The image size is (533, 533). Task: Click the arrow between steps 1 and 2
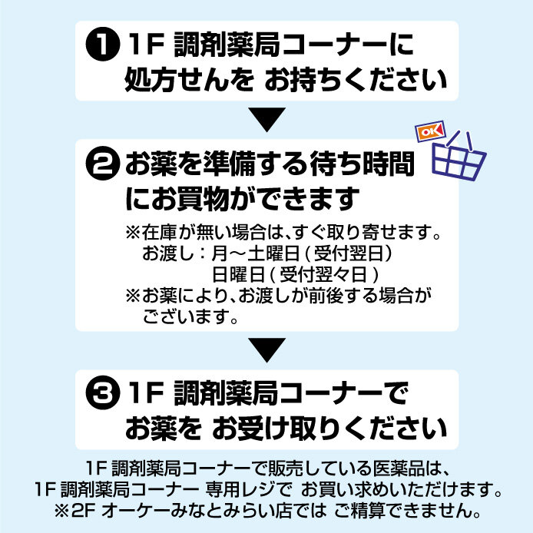pyautogui.click(x=266, y=119)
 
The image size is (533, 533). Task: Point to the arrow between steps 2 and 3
pyautogui.click(x=266, y=350)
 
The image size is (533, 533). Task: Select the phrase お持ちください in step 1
pyautogui.click(x=355, y=79)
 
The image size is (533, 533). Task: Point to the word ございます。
pyautogui.click(x=189, y=316)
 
